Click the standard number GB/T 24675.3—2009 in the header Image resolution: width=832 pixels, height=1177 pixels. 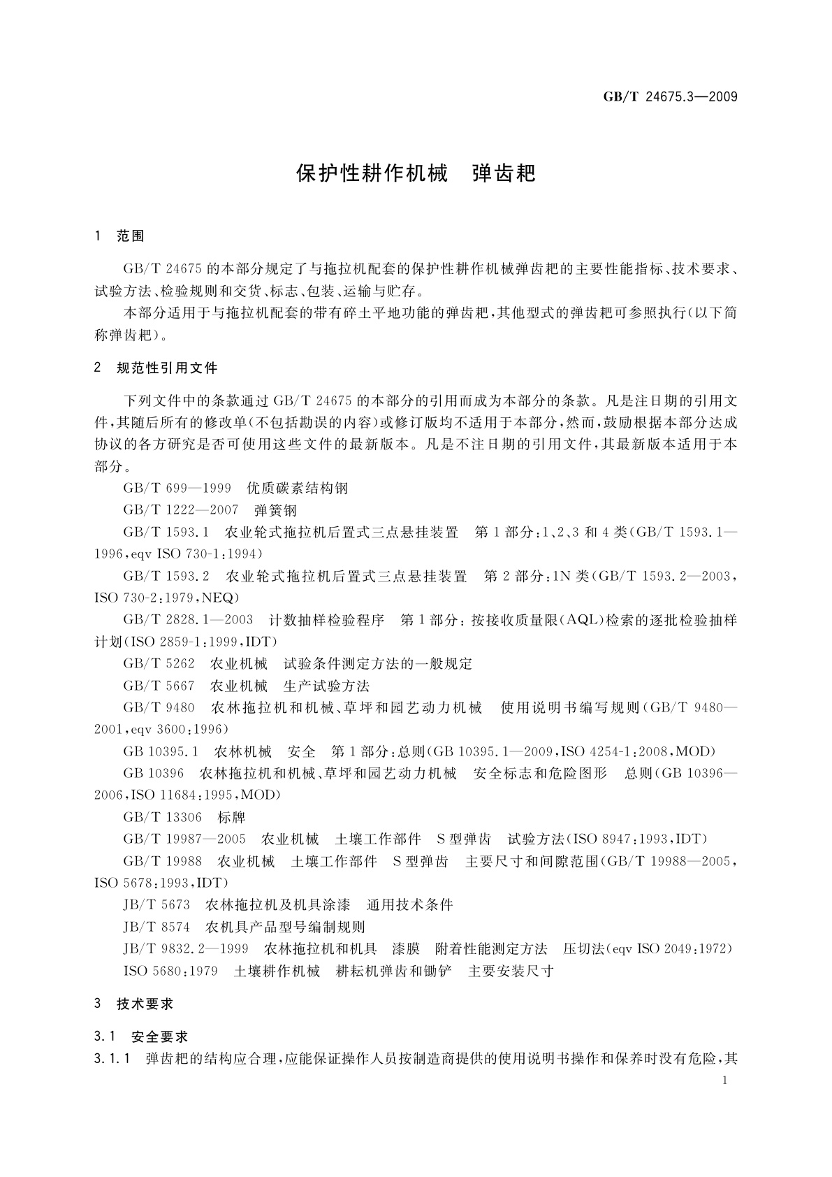pos(670,97)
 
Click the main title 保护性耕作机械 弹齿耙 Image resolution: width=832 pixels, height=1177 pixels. pos(416,174)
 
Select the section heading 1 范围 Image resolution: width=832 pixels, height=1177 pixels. pos(119,236)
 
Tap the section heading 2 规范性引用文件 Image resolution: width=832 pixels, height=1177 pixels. pos(156,368)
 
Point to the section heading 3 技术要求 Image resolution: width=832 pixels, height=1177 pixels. pos(134,1004)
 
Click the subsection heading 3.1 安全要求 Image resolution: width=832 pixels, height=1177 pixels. pos(142,1037)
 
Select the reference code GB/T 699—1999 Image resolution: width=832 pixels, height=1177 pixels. pos(177,489)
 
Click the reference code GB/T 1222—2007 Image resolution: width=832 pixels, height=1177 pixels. pos(180,510)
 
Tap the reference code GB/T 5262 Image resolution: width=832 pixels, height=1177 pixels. pos(159,663)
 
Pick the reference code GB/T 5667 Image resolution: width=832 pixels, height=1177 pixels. pos(159,685)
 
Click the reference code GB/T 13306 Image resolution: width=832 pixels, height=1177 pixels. pos(162,817)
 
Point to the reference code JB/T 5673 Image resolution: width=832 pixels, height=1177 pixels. pos(156,904)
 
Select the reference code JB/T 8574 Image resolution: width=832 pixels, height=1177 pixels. pos(156,927)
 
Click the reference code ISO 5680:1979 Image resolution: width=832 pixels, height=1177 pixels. pos(170,971)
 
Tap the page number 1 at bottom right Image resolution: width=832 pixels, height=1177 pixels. pos(725,1081)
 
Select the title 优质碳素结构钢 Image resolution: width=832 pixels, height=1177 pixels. pos(298,489)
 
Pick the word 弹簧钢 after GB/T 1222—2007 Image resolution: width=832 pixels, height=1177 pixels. pos(276,510)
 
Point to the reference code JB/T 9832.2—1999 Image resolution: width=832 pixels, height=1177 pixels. pos(186,948)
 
